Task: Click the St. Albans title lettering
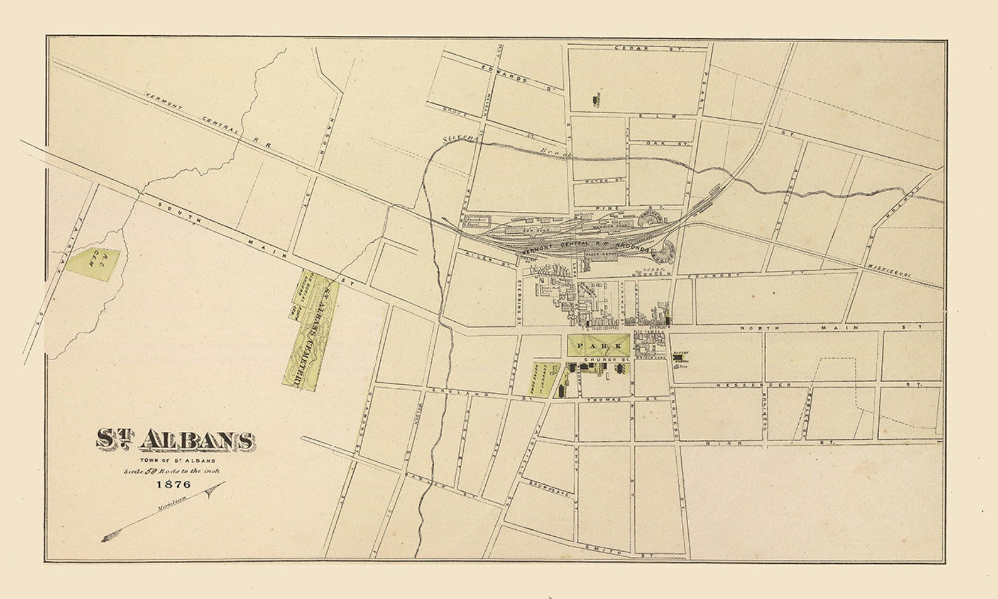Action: click(x=175, y=440)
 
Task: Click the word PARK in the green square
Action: click(x=598, y=346)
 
